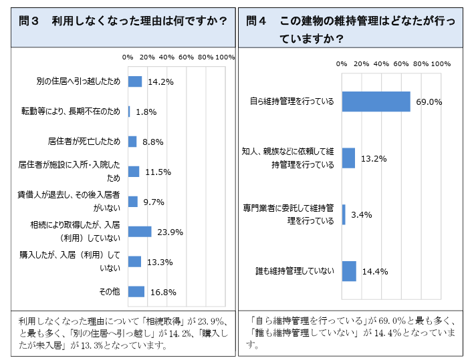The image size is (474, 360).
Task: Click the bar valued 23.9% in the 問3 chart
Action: pyautogui.click(x=140, y=232)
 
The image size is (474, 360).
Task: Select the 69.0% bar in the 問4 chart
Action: pyautogui.click(x=376, y=102)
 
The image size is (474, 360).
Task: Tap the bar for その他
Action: pyautogui.click(x=136, y=291)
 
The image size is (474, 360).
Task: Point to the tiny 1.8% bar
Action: pyautogui.click(x=129, y=112)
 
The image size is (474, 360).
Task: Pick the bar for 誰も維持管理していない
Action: pyautogui.click(x=348, y=271)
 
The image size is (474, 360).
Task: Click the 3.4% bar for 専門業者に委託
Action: pyautogui.click(x=344, y=214)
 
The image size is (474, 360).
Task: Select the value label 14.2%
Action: pyautogui.click(x=160, y=82)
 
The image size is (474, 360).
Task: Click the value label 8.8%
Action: pyautogui.click(x=152, y=142)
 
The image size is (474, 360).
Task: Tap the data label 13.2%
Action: pyautogui.click(x=374, y=159)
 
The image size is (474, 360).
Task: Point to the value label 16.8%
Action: pyautogui.click(x=162, y=292)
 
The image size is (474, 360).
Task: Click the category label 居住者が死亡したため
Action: pyautogui.click(x=84, y=142)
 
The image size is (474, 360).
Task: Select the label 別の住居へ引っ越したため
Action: pyautogui.click(x=78, y=81)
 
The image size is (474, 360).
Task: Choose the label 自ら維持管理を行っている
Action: pyautogui.click(x=291, y=102)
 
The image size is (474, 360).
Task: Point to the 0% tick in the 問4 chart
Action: pyautogui.click(x=342, y=63)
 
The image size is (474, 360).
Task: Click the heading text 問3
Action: pyautogui.click(x=31, y=21)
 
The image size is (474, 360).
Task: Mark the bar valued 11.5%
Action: pyautogui.click(x=134, y=172)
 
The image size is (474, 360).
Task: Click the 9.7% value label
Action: pyautogui.click(x=154, y=202)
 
